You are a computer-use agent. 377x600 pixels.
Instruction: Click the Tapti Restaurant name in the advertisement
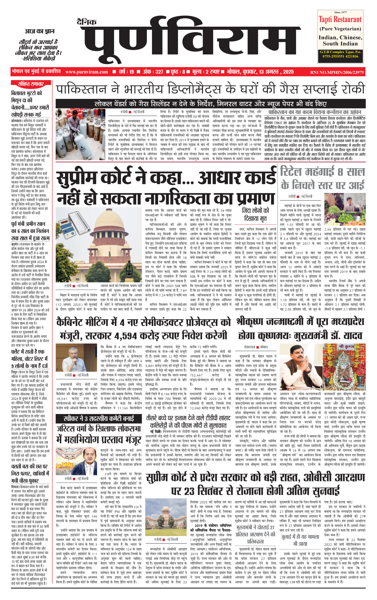pos(340,19)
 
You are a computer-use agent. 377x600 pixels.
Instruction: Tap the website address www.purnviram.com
pos(86,72)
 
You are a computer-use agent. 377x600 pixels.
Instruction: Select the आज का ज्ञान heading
pos(40,31)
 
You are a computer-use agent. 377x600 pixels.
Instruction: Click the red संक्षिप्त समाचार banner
pos(31,84)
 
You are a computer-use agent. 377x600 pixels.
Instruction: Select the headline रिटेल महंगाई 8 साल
pos(322,172)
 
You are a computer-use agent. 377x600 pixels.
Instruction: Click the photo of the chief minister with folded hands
pos(299,367)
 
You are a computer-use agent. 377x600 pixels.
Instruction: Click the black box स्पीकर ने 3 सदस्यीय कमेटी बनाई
pos(99,418)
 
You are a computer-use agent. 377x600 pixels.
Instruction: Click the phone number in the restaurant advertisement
pos(340,56)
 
